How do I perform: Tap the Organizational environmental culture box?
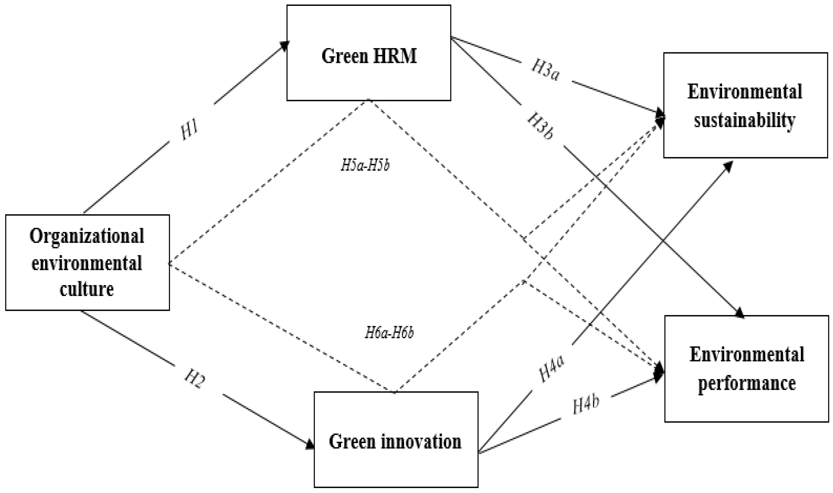point(87,262)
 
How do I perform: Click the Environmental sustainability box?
point(745,105)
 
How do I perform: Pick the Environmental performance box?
point(746,369)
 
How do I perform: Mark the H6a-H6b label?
point(389,332)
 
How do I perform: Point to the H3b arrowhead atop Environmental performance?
point(739,313)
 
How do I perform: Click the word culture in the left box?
point(87,289)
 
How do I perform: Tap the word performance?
point(746,383)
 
